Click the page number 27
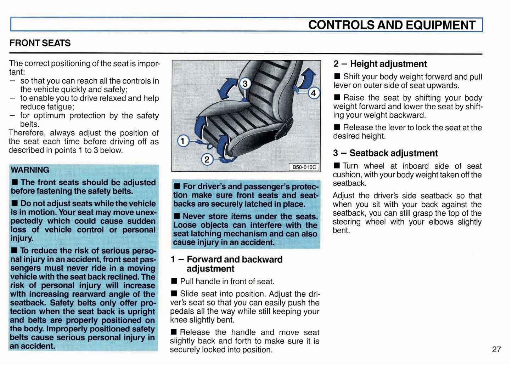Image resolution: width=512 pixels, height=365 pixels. click(496, 349)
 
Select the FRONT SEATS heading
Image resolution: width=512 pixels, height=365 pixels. click(40, 43)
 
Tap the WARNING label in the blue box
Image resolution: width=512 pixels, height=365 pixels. click(30, 170)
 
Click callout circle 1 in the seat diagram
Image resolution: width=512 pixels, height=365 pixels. click(183, 141)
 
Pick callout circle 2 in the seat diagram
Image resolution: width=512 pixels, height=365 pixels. click(207, 160)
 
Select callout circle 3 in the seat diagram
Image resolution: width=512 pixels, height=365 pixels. click(245, 84)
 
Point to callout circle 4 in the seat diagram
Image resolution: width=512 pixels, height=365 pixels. click(313, 93)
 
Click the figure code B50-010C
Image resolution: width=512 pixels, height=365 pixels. click(304, 167)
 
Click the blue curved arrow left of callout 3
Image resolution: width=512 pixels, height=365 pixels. click(226, 89)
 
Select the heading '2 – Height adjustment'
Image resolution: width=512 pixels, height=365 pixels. click(380, 64)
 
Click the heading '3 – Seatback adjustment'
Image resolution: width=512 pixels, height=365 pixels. click(385, 153)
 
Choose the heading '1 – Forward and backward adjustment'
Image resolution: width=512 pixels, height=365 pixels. click(227, 264)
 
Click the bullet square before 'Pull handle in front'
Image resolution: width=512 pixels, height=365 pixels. click(174, 281)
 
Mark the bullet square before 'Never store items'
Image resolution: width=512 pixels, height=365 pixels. click(177, 216)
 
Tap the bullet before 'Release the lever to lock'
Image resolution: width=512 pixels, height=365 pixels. click(337, 127)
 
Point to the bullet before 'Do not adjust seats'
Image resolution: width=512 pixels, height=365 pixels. click(15, 204)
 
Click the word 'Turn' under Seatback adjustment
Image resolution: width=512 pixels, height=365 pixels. click(350, 166)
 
